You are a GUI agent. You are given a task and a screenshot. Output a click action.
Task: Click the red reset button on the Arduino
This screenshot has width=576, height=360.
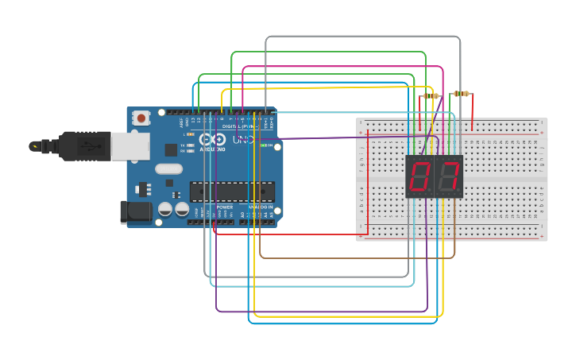point(141,118)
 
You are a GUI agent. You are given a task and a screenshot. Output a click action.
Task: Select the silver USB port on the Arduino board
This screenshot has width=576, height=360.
point(125,146)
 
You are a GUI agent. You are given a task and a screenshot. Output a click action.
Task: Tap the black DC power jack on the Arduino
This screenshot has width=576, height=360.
point(134,211)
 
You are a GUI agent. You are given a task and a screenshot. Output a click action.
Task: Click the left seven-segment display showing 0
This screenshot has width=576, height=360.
point(419,176)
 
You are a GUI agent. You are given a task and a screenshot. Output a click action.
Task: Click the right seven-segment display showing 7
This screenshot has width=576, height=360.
point(449,176)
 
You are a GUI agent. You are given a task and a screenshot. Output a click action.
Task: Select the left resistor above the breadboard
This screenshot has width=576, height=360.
point(431,96)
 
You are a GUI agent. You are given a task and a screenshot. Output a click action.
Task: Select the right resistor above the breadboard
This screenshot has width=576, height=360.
point(461,94)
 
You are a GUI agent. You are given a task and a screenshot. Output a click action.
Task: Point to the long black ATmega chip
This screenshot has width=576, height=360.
point(232,192)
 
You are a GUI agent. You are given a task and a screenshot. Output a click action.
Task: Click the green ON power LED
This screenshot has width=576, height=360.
point(271,146)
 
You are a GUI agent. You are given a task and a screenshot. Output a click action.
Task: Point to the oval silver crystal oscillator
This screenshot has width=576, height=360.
point(168,168)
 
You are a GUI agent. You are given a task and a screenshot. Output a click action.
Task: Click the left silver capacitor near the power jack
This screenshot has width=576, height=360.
point(165,209)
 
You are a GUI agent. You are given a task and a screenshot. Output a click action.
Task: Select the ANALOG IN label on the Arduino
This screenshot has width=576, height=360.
point(261,207)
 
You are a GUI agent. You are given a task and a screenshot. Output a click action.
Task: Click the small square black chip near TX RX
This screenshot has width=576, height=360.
point(170,149)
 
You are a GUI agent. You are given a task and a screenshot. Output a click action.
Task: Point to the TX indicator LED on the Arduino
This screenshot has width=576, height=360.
point(189,145)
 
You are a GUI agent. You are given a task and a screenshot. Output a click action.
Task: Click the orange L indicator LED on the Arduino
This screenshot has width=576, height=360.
point(189,135)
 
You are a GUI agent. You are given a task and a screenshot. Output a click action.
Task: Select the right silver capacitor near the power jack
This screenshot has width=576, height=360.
point(182,209)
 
